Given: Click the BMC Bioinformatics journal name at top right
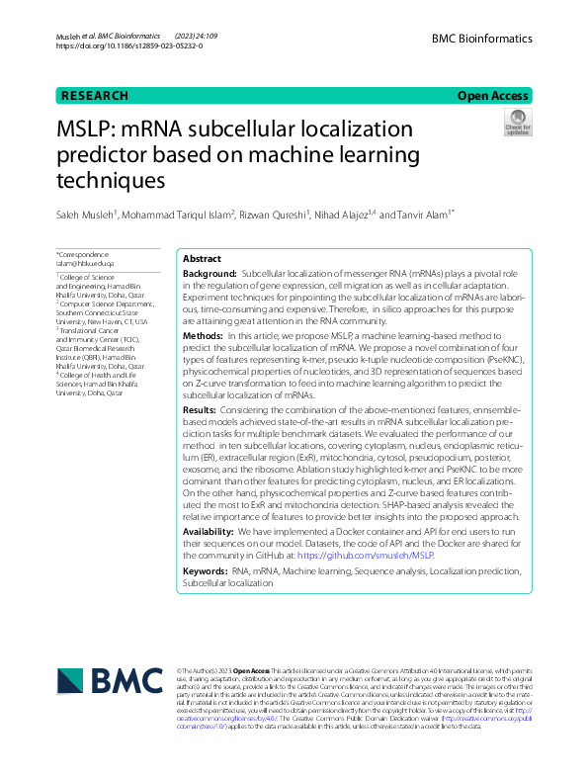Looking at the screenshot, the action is pyautogui.click(x=481, y=39).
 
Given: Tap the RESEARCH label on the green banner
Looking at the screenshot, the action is pyautogui.click(x=95, y=96).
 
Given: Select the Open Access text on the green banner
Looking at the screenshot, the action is pyautogui.click(x=492, y=96).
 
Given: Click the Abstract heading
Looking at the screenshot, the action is pyautogui.click(x=203, y=258).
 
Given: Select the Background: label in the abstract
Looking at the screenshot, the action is pyautogui.click(x=210, y=272).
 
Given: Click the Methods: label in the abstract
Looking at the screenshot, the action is pyautogui.click(x=205, y=336).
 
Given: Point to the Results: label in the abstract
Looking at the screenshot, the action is pyautogui.click(x=201, y=409).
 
